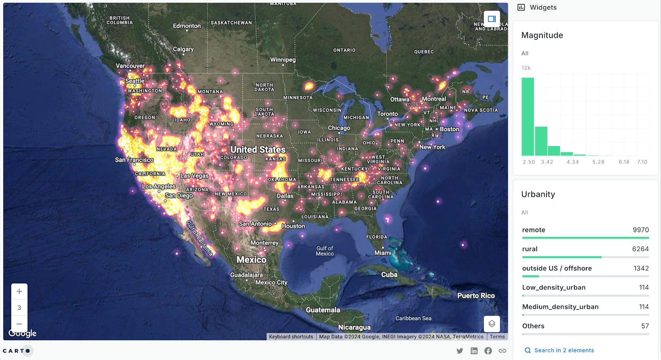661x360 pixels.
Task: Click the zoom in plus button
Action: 19,291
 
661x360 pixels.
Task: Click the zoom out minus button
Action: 19,324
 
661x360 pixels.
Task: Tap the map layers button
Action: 492,324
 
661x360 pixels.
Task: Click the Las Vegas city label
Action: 194,176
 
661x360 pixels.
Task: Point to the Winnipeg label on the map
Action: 283,60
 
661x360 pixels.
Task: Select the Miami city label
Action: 383,253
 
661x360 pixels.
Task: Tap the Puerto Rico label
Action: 476,296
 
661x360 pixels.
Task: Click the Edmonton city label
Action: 187,26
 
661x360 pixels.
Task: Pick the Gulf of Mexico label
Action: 325,251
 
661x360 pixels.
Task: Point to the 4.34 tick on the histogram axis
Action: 573,162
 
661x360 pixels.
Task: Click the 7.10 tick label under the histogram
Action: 642,162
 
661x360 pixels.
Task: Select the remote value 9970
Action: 641,230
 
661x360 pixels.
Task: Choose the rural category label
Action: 530,249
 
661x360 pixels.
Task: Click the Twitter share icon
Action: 460,351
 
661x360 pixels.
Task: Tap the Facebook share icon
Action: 488,351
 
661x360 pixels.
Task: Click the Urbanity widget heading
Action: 538,194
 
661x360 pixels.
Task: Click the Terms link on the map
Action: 497,337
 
